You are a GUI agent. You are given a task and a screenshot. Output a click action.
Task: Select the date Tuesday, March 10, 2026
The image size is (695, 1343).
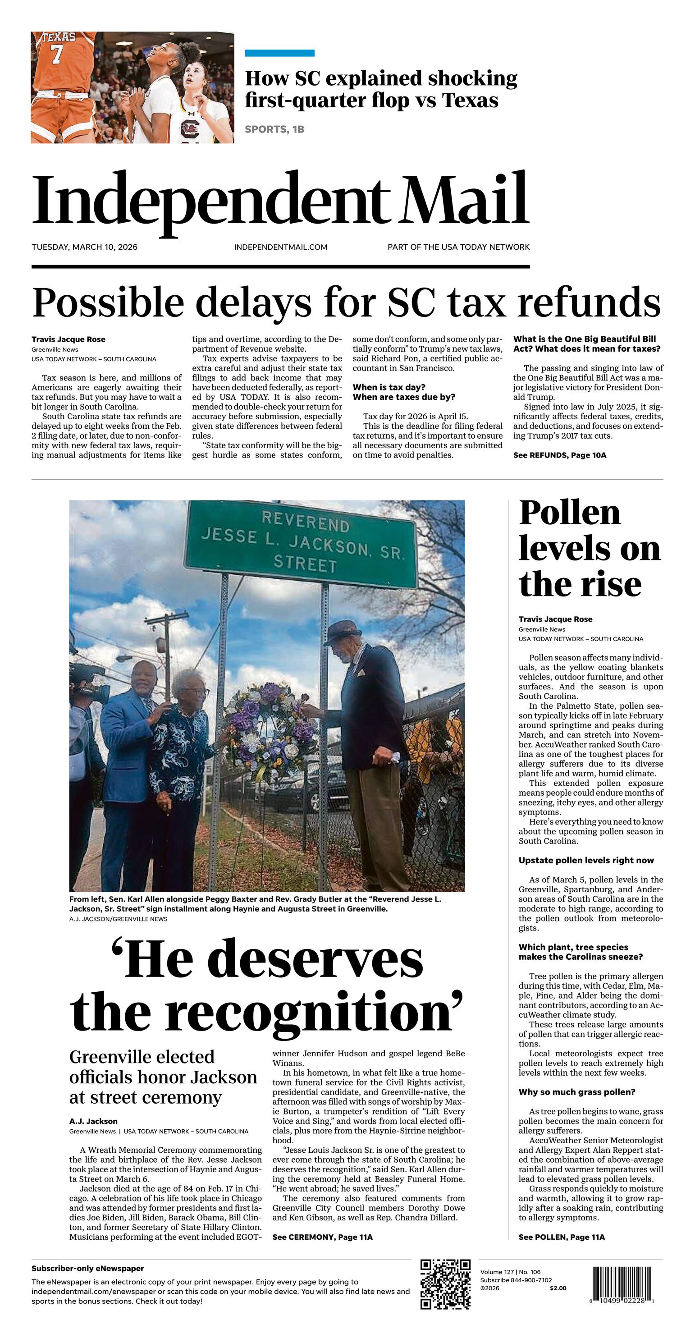(x=84, y=247)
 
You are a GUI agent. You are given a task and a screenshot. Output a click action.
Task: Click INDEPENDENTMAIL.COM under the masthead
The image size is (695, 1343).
(x=280, y=247)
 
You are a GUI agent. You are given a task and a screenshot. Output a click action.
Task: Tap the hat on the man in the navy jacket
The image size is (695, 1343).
(x=344, y=632)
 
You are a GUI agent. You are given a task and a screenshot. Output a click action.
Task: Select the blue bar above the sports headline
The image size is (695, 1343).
(x=279, y=53)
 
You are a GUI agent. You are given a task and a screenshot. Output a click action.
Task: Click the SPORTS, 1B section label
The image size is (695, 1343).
(x=274, y=129)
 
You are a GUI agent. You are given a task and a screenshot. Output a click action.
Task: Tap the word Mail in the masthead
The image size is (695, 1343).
(x=465, y=201)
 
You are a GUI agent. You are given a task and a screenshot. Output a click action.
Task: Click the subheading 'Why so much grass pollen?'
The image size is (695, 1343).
(x=576, y=1092)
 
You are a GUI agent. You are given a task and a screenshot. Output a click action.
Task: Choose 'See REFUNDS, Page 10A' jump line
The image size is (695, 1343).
(x=559, y=455)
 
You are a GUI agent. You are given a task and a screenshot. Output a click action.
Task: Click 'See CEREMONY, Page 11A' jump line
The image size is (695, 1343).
(x=322, y=1237)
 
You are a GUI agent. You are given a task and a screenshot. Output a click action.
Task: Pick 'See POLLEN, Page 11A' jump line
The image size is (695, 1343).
(x=561, y=1237)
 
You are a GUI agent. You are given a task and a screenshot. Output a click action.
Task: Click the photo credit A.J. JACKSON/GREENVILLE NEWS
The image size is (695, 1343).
(x=118, y=919)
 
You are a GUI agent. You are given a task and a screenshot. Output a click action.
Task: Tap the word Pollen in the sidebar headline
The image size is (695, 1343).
(x=569, y=513)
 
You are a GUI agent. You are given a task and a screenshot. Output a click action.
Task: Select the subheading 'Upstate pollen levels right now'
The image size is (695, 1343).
(x=586, y=860)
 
